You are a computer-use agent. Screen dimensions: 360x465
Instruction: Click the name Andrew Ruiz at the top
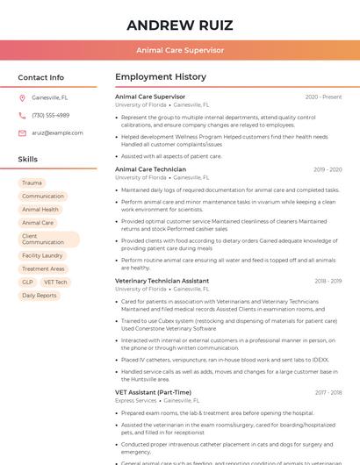tap(179, 25)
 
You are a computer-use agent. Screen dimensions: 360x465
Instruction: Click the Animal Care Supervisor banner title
tap(179, 50)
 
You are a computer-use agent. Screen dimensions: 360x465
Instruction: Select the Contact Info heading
tap(40, 77)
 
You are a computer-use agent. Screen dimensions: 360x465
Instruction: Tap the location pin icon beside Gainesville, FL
tap(22, 97)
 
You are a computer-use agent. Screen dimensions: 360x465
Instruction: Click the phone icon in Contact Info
tap(22, 115)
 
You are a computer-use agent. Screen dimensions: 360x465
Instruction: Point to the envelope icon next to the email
tap(22, 132)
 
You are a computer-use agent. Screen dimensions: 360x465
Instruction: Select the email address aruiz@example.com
tap(57, 132)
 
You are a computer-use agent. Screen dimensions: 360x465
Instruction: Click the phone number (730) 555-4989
tap(50, 115)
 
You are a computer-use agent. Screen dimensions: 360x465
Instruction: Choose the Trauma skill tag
tap(32, 182)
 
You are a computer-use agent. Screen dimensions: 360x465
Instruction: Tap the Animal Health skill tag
tap(40, 210)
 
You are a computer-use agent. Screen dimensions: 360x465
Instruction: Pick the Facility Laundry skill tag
tap(42, 255)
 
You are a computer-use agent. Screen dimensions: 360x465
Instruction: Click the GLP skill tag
tap(28, 283)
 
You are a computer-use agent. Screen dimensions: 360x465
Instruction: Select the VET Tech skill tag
tap(55, 283)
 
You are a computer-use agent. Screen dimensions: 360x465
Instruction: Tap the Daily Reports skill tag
tap(40, 296)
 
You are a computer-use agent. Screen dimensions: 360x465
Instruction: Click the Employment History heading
tap(160, 77)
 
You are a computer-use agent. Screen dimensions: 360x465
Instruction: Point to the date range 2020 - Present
tap(323, 97)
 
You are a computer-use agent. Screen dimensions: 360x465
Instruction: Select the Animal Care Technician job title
tap(150, 169)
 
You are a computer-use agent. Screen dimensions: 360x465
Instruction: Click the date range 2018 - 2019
tap(328, 281)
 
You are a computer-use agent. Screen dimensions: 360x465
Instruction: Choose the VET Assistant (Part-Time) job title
tap(153, 392)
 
